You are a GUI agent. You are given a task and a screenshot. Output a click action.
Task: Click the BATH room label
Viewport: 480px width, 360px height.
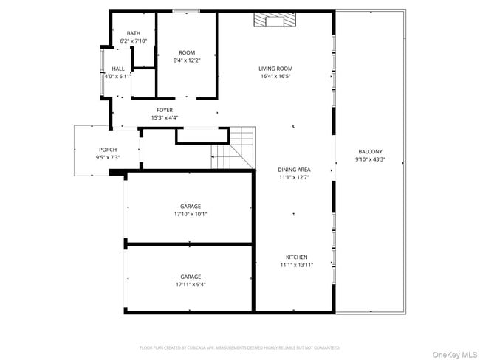click(x=134, y=33)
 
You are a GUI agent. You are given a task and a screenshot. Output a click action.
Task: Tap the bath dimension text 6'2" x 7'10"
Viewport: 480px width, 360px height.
click(x=134, y=41)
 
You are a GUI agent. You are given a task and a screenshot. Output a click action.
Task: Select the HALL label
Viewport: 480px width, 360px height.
click(x=117, y=68)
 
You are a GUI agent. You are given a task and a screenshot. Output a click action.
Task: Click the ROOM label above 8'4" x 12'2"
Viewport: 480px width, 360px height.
click(x=187, y=52)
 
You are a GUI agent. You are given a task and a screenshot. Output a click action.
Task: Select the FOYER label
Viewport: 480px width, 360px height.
click(x=164, y=110)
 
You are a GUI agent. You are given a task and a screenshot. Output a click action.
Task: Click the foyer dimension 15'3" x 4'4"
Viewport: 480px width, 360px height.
click(x=164, y=117)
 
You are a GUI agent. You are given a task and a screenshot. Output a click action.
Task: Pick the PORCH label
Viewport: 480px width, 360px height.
click(x=108, y=149)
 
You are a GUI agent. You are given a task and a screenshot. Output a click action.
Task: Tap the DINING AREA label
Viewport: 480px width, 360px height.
click(x=294, y=170)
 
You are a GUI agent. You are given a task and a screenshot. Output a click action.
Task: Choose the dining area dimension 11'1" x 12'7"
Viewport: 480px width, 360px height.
click(x=294, y=177)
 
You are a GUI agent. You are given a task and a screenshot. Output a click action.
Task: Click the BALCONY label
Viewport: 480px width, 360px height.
click(x=370, y=151)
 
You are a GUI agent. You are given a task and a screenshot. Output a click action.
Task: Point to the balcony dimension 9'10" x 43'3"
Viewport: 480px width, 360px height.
click(x=370, y=159)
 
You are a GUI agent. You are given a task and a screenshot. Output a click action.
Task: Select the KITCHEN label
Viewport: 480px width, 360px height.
click(x=296, y=257)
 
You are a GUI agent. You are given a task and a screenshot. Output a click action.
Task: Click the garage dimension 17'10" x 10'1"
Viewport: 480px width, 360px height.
click(x=191, y=214)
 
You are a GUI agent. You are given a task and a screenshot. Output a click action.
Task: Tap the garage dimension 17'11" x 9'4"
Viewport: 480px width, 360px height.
click(x=191, y=284)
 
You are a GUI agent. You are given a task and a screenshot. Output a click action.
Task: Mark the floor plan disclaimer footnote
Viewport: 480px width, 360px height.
click(x=239, y=347)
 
